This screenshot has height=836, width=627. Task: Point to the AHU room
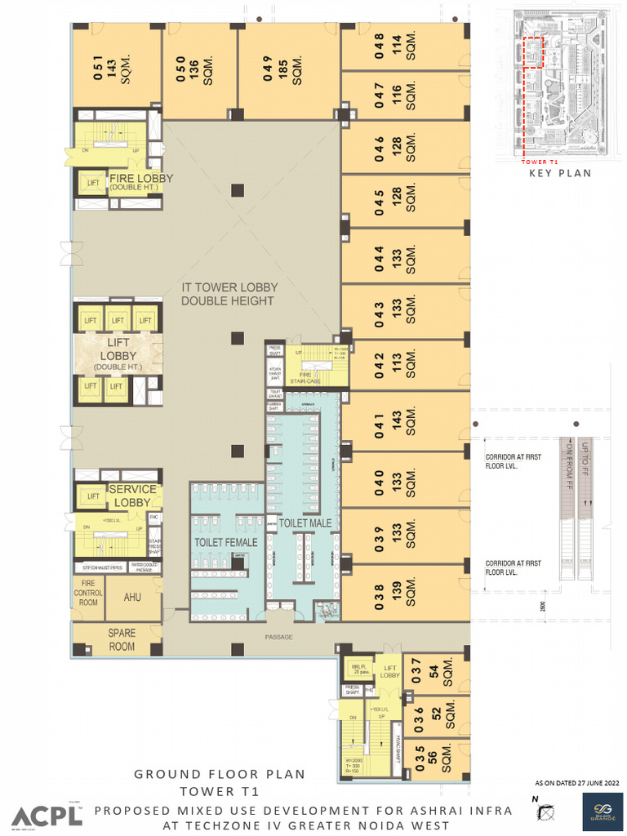[x=132, y=598]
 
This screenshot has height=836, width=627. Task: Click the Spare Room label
[x=122, y=640]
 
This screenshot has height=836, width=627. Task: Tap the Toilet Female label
[x=225, y=542]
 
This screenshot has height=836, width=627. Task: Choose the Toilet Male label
[x=305, y=522]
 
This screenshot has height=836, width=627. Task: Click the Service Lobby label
[x=132, y=496]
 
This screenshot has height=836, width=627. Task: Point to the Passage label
[x=278, y=638]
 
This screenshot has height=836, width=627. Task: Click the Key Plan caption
[x=560, y=173]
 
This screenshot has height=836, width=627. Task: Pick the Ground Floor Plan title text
[x=220, y=774]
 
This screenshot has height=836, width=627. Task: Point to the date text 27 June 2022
[x=577, y=783]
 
